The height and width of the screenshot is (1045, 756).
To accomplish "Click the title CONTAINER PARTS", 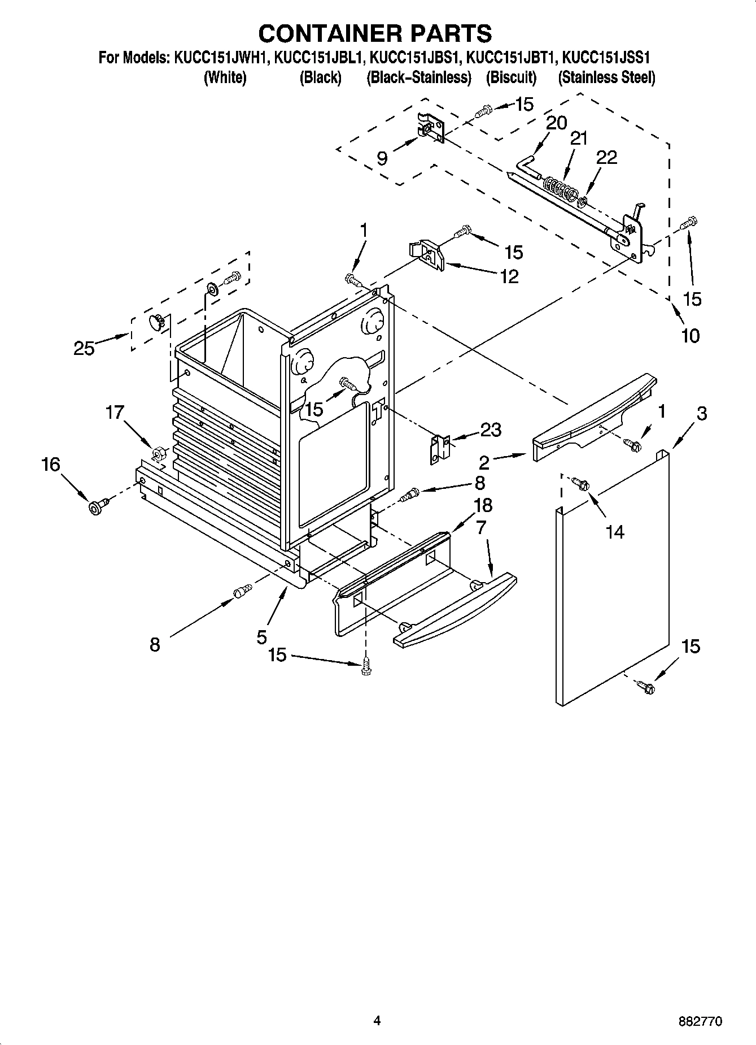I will point(375,33).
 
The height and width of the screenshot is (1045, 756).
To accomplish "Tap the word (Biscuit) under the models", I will point(511,77).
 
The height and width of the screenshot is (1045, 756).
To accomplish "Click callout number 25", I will point(84,349).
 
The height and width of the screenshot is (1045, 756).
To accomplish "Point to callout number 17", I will point(115,413).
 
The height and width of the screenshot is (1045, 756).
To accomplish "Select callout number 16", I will point(50,465).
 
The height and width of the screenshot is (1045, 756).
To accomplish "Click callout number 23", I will point(490,430).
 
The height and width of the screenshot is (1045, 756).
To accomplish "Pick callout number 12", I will point(509,276).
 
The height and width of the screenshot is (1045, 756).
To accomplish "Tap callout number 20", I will point(556,123).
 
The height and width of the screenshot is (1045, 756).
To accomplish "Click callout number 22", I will point(607,158).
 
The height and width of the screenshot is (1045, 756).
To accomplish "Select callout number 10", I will point(690,336).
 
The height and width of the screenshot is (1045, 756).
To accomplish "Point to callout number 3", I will point(701,414).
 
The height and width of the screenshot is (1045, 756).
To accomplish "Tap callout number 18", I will point(483,505).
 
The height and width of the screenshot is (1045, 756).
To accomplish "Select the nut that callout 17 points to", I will point(158,452).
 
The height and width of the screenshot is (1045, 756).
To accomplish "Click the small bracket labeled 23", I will point(440,449).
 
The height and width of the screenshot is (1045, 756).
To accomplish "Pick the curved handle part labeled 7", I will point(455,608).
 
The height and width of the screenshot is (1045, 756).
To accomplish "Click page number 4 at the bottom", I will point(377,1020).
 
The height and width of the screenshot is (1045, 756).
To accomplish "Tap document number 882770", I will point(701,1021).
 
